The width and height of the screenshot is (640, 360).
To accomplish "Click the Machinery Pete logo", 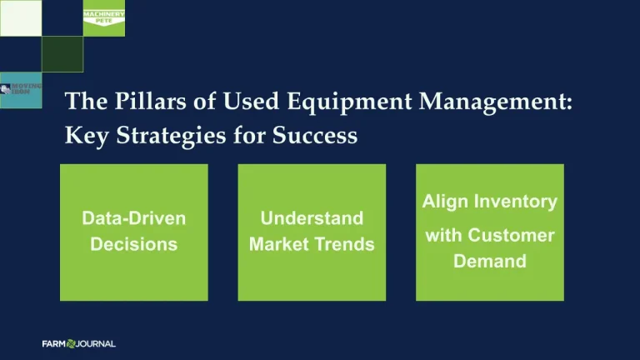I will tap(103, 17).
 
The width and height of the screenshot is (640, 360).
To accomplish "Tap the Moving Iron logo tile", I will tap(21, 90).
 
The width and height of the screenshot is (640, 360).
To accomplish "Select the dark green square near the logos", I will tap(62, 54).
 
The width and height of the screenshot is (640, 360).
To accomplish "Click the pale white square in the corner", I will tap(20, 17).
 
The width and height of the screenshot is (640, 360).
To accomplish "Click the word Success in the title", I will tap(316, 136).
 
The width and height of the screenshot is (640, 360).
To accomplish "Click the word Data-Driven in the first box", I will tap(133, 218).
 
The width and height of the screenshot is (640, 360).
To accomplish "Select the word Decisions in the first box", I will tap(133, 244).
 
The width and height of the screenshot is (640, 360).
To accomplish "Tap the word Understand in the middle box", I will tap(312, 218).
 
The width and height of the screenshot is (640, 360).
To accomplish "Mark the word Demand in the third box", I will tap(489, 262).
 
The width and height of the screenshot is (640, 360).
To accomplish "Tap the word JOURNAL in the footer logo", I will tap(96, 343).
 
